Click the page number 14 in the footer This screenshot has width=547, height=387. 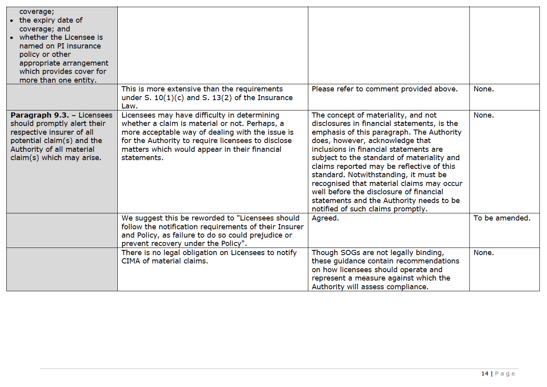485,373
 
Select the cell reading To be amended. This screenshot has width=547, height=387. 502,218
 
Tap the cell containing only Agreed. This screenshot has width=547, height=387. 325,218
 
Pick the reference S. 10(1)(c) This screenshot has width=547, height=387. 165,98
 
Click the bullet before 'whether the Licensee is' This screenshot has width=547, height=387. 12,38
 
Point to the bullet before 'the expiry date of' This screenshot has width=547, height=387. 12,21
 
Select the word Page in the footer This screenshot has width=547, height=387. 505,373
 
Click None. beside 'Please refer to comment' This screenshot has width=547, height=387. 483,89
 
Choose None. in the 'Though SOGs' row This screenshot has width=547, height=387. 483,253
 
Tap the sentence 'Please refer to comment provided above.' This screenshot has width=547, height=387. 384,89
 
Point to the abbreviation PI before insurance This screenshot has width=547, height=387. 60,46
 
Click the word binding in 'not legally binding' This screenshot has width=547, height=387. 429,253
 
